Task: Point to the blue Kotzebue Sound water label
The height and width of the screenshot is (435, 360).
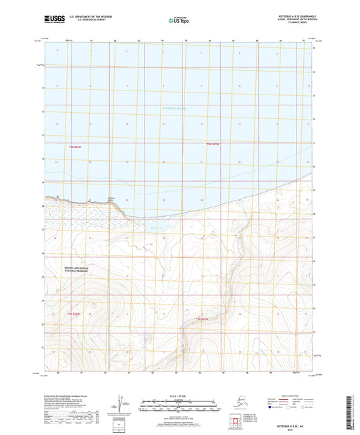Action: [x=176, y=109]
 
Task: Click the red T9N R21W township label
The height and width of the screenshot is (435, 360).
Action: [x=213, y=144]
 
